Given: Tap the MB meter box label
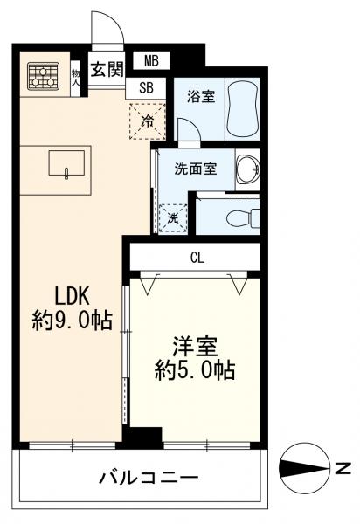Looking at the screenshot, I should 151,60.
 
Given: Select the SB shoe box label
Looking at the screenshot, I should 146,87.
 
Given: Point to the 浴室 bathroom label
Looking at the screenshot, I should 201,98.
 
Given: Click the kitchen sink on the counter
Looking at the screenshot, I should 66,162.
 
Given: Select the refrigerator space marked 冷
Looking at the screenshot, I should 148,121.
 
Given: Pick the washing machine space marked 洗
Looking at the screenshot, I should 172,217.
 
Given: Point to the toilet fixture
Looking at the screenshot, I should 237,217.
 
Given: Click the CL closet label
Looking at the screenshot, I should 197,257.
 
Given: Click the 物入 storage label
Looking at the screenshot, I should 75,77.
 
